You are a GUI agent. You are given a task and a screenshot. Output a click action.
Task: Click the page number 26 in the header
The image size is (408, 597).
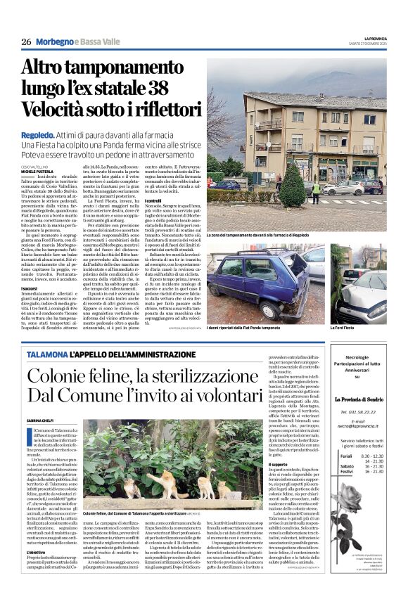pyautogui.click(x=26, y=42)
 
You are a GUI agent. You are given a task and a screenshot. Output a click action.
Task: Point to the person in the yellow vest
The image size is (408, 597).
pyautogui.click(x=316, y=188)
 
